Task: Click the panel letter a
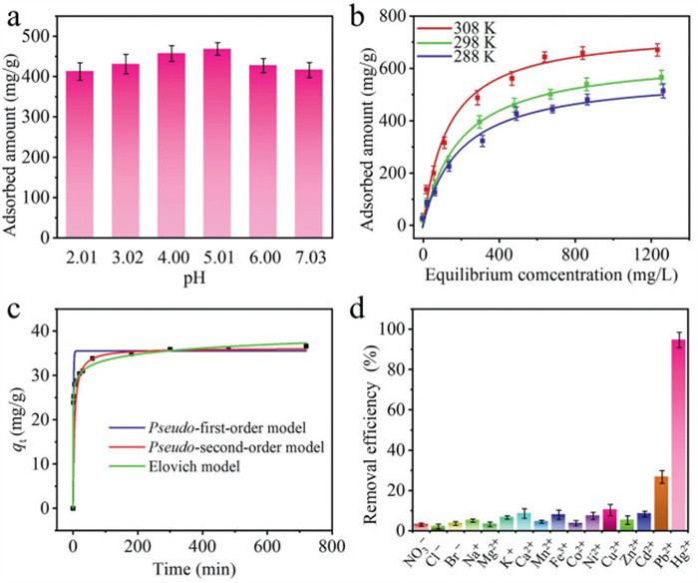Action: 14,14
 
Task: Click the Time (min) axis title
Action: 199,570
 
